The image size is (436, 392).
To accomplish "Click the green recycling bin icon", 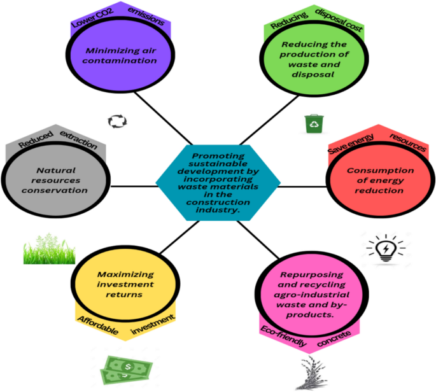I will pos(314,123).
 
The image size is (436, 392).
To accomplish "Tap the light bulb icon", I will pos(385,248).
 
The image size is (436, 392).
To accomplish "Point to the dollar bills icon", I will pos(128,368).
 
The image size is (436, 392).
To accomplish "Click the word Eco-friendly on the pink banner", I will pos(283,336).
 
